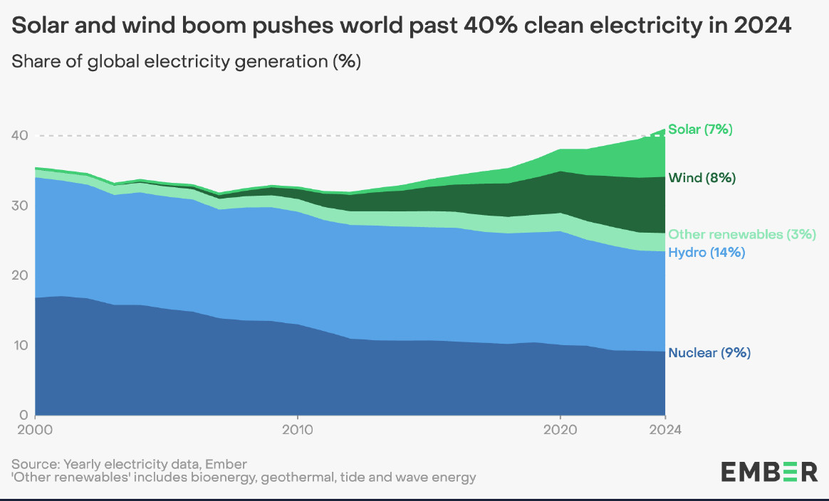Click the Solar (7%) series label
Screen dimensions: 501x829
(700, 130)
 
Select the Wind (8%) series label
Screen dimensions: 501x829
(702, 178)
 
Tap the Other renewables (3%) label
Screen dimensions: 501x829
(741, 234)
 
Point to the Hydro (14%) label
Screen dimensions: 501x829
(707, 252)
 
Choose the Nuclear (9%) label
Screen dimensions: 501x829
(709, 352)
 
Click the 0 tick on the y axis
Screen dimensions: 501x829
(23, 415)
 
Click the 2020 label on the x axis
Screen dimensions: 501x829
(561, 430)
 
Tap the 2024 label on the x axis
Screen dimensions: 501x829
(664, 430)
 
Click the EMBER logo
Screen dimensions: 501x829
(769, 471)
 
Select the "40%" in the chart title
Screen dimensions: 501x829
(487, 26)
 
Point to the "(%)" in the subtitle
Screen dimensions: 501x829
(348, 62)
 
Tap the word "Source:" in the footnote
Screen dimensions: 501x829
(34, 464)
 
